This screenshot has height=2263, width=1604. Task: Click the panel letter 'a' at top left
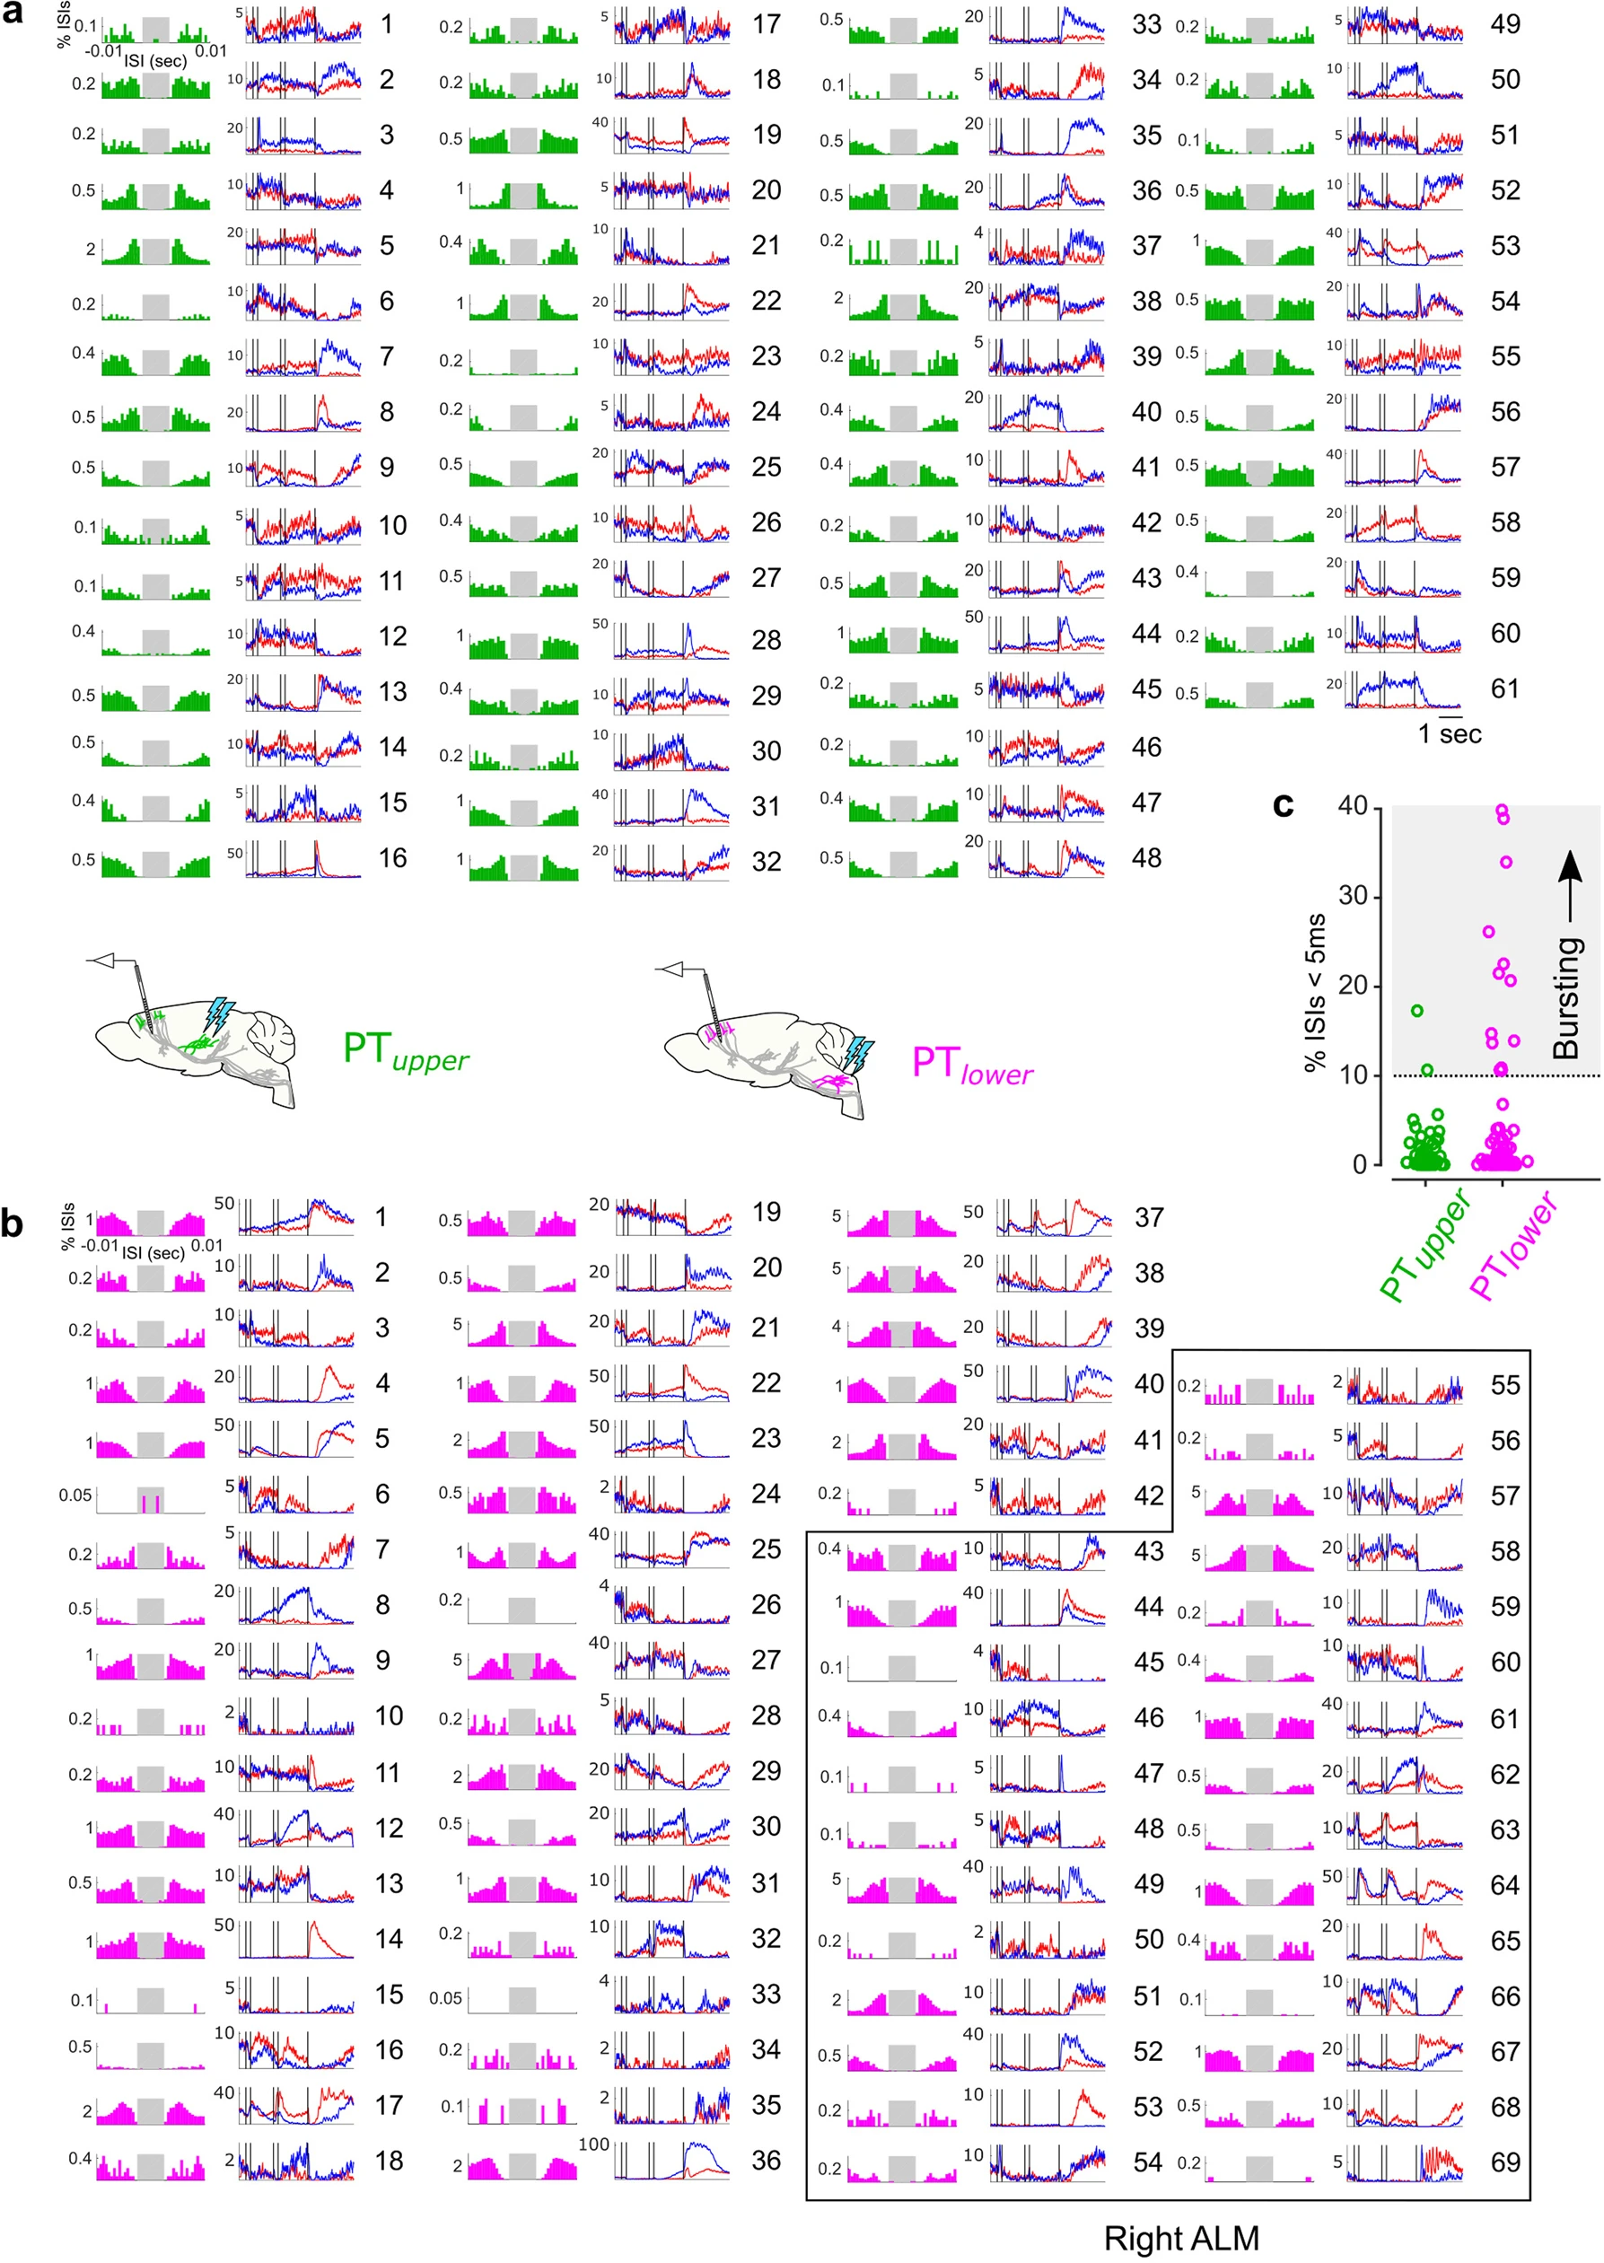13,16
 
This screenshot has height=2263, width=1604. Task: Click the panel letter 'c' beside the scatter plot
1282,805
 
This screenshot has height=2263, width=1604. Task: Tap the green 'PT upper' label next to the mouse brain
405,1051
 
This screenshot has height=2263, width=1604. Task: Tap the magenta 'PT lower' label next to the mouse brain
972,1065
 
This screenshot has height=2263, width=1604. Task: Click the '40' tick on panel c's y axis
1352,807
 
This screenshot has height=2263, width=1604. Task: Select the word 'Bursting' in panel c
1566,997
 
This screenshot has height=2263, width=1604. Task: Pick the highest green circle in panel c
1417,1011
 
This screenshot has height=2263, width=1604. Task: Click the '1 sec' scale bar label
1449,734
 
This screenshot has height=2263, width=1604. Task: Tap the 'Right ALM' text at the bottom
1180,2237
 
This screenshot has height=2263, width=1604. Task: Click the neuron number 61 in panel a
1504,689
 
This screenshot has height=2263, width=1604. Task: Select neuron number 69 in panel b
1504,2162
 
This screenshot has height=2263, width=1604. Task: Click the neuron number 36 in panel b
767,2161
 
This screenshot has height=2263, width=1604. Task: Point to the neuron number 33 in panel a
1145,23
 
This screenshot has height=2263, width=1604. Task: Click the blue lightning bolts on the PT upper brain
218,1014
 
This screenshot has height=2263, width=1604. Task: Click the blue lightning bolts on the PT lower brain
858,1055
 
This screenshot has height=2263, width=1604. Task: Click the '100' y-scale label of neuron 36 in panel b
593,2144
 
